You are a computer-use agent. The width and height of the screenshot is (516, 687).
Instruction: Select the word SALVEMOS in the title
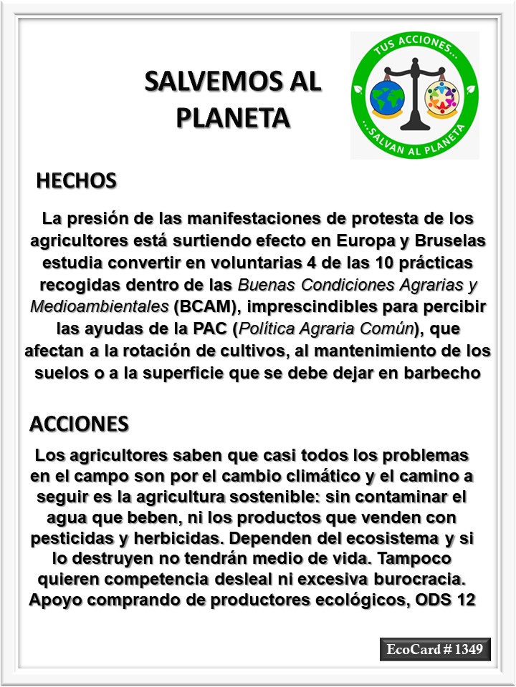(x=209, y=82)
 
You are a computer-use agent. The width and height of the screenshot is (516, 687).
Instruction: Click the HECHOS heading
(x=76, y=181)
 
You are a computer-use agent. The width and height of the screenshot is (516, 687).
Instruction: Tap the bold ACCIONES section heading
(x=79, y=424)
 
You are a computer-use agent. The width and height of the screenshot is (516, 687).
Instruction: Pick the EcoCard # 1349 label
(x=435, y=650)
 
